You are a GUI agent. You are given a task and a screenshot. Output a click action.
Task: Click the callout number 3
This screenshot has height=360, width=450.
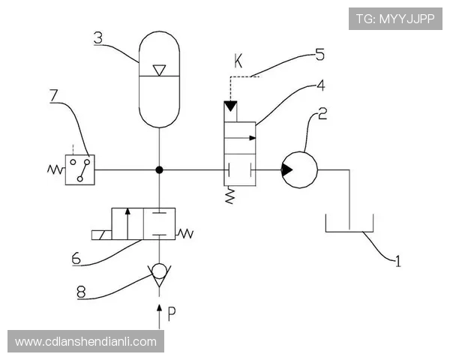(98, 37)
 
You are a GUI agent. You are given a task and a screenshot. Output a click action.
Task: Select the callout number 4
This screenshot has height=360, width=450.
(320, 85)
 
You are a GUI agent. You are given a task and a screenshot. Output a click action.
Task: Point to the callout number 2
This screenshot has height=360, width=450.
(322, 114)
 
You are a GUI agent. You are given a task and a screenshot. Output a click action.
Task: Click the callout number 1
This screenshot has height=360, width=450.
(398, 261)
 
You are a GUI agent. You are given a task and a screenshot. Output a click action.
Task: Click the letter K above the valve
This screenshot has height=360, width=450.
(238, 62)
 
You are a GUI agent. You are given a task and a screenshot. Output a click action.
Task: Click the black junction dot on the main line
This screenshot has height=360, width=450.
(159, 170)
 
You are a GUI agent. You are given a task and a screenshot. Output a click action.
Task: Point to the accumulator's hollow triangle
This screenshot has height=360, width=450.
(159, 70)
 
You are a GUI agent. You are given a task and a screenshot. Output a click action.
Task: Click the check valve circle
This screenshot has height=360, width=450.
(159, 272)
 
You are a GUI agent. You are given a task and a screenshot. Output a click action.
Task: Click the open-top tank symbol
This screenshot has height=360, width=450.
(349, 224)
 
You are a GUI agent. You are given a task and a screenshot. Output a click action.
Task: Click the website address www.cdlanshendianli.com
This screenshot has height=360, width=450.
(85, 342)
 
